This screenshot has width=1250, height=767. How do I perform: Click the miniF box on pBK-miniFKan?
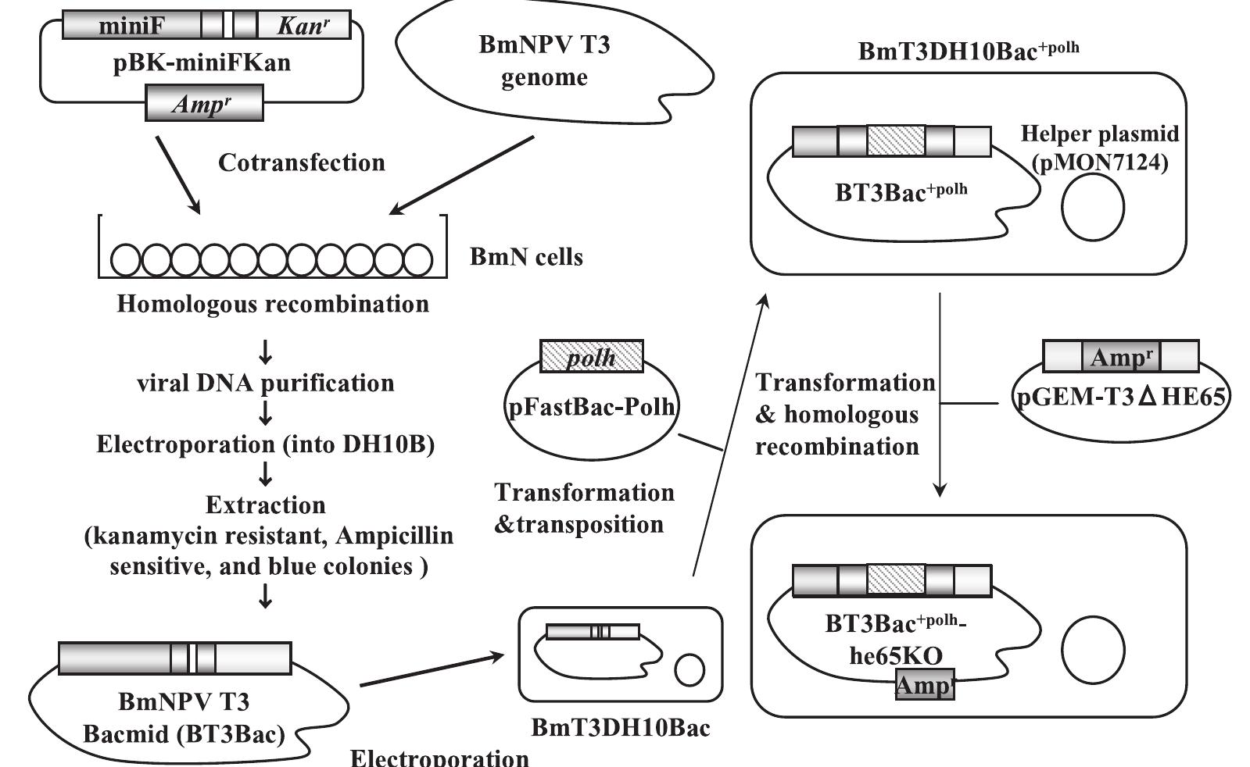click(131, 26)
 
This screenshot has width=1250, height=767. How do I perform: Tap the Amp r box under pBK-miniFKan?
click(204, 104)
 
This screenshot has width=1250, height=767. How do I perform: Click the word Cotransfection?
click(302, 162)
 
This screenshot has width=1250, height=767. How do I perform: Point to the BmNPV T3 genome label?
click(544, 61)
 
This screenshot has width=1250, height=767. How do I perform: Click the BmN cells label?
click(526, 257)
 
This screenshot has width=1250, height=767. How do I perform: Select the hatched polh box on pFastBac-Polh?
click(592, 357)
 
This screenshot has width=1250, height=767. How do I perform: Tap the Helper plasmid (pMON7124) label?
click(1100, 148)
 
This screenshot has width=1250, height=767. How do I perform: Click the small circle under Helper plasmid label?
click(1092, 207)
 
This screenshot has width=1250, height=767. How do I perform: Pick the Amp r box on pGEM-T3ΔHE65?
click(1121, 357)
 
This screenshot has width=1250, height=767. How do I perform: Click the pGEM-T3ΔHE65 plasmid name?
click(1121, 398)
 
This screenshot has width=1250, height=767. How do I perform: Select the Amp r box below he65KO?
click(925, 685)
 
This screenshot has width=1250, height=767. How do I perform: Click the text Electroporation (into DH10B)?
click(266, 444)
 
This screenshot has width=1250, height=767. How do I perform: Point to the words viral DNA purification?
click(266, 383)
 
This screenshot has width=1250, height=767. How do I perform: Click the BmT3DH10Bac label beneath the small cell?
click(621, 728)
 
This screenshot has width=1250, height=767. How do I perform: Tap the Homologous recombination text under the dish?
click(273, 304)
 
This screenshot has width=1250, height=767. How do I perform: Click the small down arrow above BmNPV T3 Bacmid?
click(266, 598)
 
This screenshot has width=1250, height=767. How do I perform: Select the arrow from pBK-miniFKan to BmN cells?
click(177, 174)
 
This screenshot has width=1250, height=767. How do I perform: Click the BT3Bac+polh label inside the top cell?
click(901, 192)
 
